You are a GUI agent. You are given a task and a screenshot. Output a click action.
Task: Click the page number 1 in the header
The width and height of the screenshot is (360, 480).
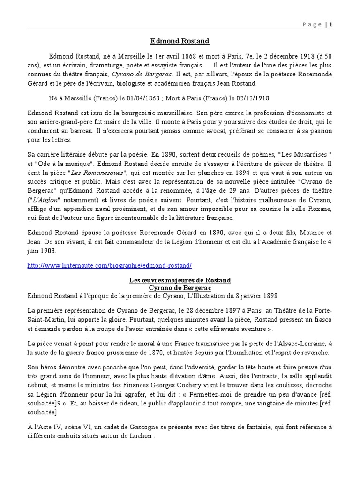pyautogui.click(x=330, y=25)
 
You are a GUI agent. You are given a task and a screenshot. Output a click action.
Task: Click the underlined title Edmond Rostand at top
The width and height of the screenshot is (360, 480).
pyautogui.click(x=180, y=41)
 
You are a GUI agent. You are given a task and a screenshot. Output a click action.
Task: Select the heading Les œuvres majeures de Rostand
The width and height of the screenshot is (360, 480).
pyautogui.click(x=180, y=280)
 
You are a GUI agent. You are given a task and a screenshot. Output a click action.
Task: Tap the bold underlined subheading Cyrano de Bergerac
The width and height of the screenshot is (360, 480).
pyautogui.click(x=180, y=288)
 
